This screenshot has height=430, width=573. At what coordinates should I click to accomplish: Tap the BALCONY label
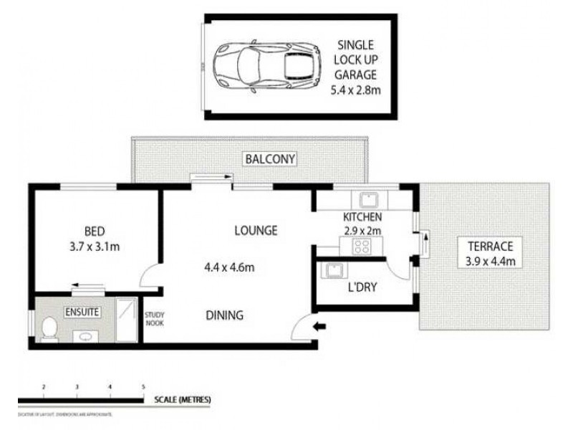(269, 158)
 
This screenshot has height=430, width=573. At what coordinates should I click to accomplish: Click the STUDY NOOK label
(154, 318)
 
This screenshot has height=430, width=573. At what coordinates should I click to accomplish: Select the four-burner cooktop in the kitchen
(360, 247)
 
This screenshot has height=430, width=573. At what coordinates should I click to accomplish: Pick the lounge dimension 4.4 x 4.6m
(230, 269)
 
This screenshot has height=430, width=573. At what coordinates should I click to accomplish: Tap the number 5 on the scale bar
(143, 387)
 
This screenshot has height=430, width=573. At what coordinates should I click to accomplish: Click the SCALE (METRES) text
(182, 400)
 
